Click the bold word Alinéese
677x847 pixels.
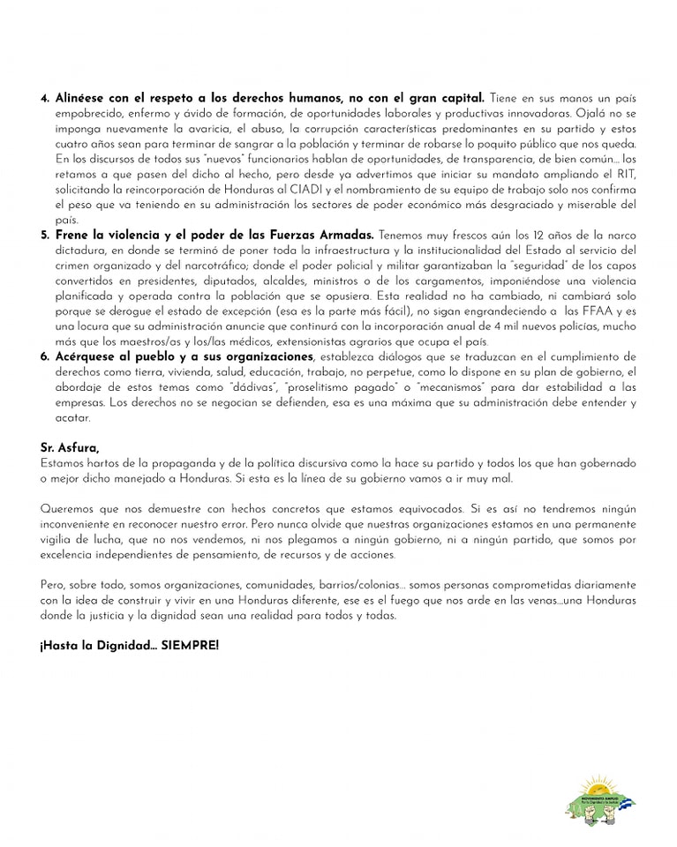click(81, 97)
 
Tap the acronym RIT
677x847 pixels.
click(626, 174)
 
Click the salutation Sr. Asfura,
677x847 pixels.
click(71, 449)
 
